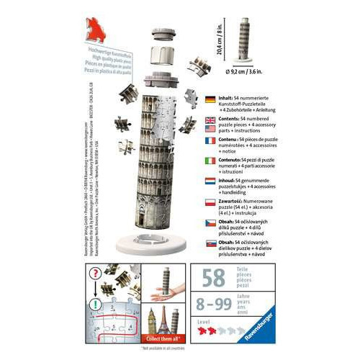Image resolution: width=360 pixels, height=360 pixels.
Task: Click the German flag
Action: (x=211, y=100)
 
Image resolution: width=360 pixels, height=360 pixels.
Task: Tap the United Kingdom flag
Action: (x=211, y=120)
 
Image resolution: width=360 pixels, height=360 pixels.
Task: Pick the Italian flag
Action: (x=211, y=161)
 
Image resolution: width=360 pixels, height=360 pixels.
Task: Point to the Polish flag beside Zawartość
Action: (x=211, y=204)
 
